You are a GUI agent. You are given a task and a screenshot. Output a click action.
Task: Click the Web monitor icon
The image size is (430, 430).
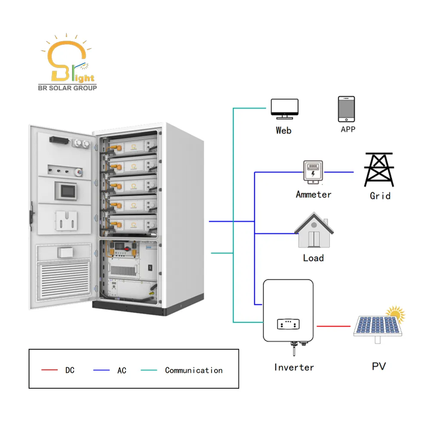(x=284, y=109)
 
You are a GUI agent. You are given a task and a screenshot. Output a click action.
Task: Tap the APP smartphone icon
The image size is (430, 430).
(x=347, y=109)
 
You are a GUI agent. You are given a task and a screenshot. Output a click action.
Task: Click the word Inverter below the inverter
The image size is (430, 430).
(x=294, y=367)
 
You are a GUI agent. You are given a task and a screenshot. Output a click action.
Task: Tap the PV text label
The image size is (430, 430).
(x=379, y=366)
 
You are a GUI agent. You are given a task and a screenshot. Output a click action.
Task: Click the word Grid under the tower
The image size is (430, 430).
(x=380, y=196)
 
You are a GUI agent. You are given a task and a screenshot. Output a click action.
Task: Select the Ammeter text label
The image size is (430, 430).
(x=313, y=194)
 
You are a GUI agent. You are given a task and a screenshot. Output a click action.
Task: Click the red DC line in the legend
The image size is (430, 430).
(x=49, y=370)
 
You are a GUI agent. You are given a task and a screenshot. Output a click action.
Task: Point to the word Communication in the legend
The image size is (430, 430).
(x=194, y=370)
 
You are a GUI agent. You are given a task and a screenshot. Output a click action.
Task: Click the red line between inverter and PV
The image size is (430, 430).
(x=333, y=326)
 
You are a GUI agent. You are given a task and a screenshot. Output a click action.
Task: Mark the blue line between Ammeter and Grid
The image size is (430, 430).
(x=338, y=172)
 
